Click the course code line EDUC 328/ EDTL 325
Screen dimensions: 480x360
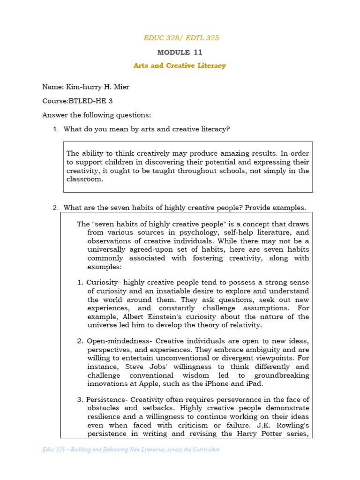[x=181, y=37]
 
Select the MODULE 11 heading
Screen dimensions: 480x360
[x=180, y=52]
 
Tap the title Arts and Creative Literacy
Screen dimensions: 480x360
[x=180, y=66]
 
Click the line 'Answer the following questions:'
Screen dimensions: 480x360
[x=97, y=115]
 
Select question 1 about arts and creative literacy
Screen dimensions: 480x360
[x=146, y=129]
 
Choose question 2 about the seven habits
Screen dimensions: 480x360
[x=184, y=208]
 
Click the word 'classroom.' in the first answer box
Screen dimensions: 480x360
[x=84, y=180]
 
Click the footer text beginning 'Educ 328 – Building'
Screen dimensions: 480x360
[x=131, y=450]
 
